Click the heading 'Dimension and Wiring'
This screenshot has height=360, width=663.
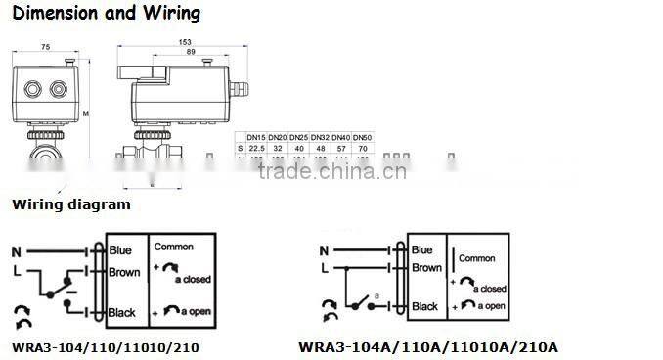tap(106, 14)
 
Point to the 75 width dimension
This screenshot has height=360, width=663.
tap(45, 46)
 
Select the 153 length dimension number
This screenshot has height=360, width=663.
tap(185, 40)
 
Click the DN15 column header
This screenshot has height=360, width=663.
tap(257, 137)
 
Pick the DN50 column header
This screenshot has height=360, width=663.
tap(362, 137)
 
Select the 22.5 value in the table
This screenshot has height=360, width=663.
tap(257, 148)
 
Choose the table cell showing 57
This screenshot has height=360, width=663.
tap(340, 148)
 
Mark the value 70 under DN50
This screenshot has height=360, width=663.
tap(362, 148)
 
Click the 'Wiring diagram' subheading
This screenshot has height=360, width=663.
tap(70, 205)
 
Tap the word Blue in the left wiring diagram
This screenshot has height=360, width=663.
tap(121, 249)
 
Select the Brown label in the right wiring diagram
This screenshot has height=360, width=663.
tap(426, 267)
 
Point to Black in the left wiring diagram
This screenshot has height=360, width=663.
tap(123, 312)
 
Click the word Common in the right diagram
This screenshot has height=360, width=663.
tap(477, 258)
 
